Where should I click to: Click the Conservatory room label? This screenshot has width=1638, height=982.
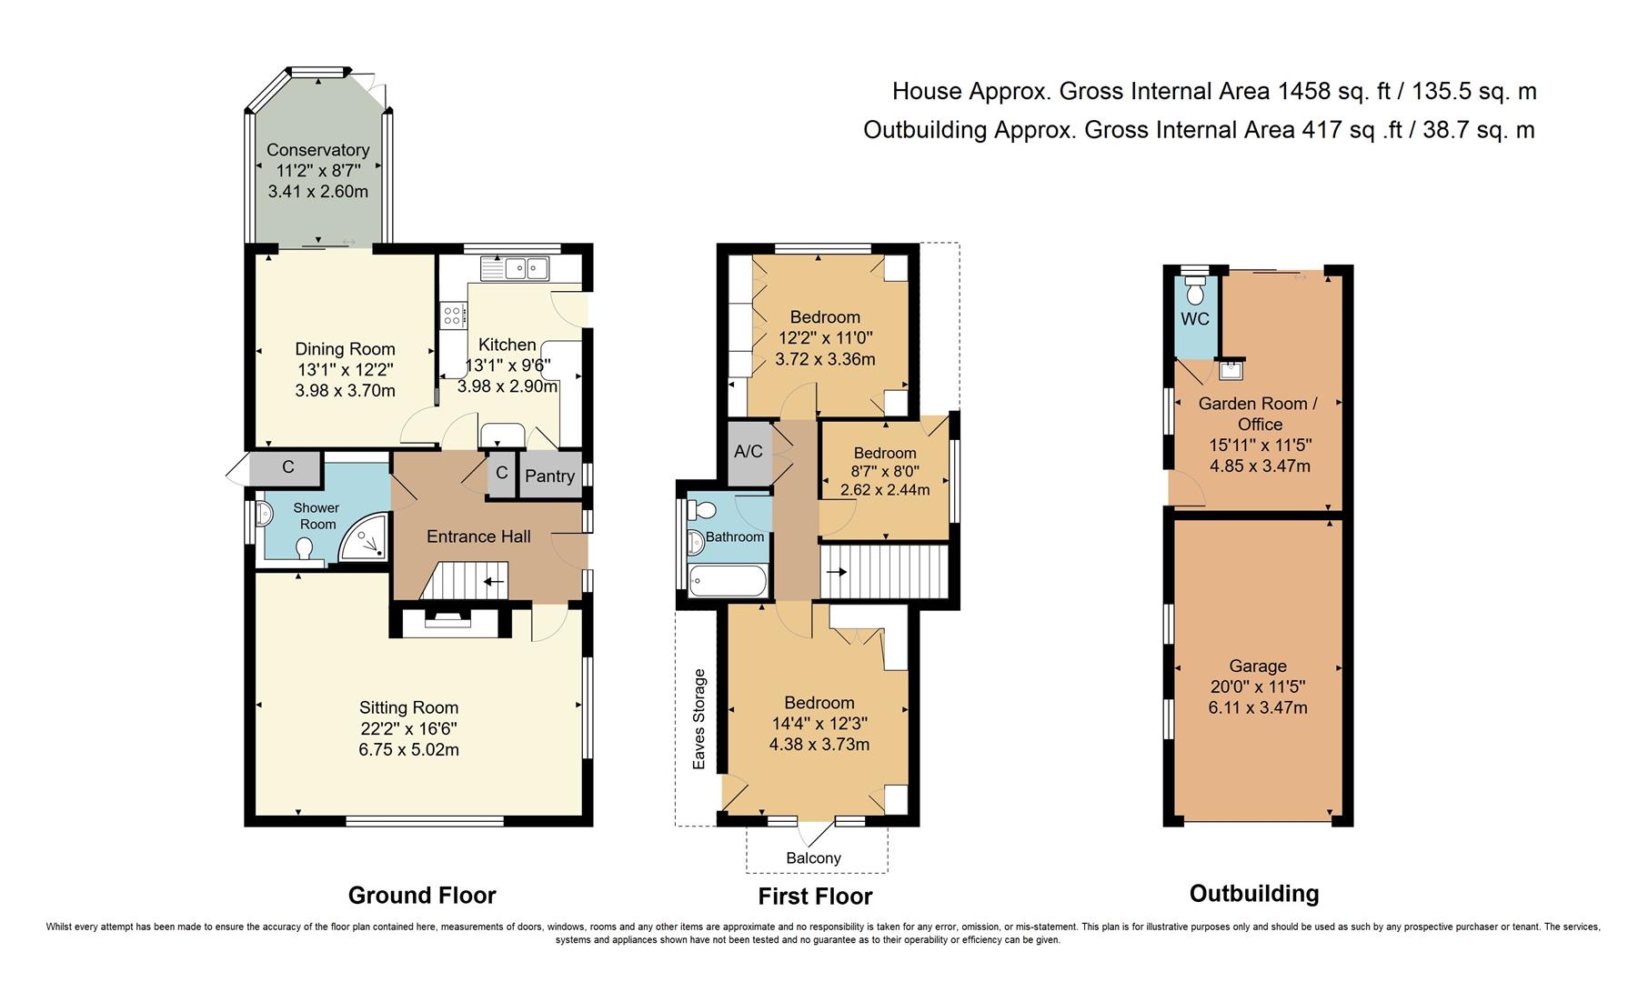coord(317,150)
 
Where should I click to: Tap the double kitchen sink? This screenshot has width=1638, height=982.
coord(526,267)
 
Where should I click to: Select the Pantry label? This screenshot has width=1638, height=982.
coord(549,476)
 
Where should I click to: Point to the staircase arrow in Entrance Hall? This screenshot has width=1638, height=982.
coord(494,582)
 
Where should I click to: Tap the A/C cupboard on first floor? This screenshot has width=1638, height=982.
coord(749,452)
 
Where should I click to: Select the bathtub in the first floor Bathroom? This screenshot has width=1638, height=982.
coord(729,579)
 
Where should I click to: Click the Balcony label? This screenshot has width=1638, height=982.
coord(813,858)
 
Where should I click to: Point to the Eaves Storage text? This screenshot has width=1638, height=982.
coord(699,719)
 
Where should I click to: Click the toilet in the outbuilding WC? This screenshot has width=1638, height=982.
coord(1195,291)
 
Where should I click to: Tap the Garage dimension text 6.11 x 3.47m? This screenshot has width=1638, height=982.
coord(1258,707)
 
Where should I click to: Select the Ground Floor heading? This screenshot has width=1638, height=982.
coord(422,896)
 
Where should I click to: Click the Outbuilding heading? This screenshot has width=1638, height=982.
coord(1253,894)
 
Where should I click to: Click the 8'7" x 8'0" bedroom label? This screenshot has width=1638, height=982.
coord(884,472)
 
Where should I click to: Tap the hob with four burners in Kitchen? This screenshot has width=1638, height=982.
coord(452,316)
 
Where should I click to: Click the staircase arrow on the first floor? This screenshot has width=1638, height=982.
coord(838,572)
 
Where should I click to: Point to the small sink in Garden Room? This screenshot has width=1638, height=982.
coord(1231,369)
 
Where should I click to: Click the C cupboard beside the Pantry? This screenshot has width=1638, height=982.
coord(501,474)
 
